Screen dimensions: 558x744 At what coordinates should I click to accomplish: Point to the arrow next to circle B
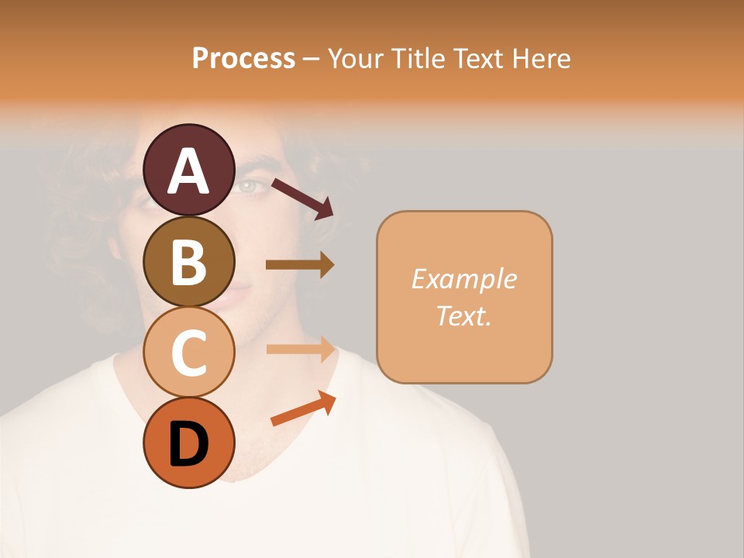coord(300,265)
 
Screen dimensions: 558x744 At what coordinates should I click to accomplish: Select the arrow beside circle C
coord(301,349)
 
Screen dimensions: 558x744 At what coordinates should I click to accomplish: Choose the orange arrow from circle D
coord(303,408)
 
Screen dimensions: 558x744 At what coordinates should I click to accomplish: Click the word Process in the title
coord(243,58)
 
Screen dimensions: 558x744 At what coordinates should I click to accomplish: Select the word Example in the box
coord(463,279)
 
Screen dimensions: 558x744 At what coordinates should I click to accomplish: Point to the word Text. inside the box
coord(463,315)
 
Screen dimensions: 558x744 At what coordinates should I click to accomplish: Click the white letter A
coord(188,171)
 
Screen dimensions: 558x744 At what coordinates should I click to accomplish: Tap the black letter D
coord(188,444)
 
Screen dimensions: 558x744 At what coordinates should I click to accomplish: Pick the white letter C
coord(188,354)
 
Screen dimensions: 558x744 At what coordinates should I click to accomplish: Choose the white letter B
coord(188,263)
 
